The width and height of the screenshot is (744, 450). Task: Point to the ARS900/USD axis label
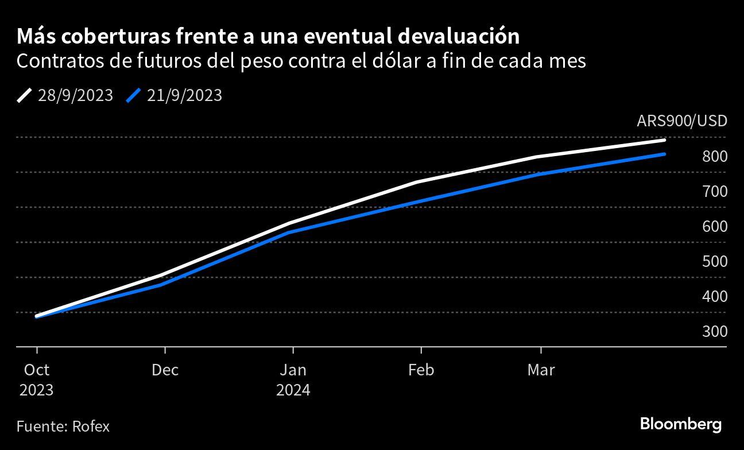(681, 121)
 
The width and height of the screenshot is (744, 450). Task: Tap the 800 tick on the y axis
(715, 156)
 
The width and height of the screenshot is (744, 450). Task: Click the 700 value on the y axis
(715, 191)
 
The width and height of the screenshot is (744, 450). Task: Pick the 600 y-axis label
(715, 226)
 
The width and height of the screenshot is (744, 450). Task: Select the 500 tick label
(715, 261)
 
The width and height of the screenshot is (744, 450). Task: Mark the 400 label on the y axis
(715, 296)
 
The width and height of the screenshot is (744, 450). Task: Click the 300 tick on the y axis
(715, 331)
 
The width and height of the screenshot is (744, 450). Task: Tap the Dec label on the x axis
(165, 370)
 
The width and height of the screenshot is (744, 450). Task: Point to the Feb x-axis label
(421, 370)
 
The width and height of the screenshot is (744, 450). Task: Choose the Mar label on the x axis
(541, 370)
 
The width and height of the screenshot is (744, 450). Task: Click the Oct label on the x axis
(37, 370)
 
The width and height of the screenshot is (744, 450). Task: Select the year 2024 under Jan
(293, 390)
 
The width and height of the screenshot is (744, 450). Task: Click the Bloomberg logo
(680, 424)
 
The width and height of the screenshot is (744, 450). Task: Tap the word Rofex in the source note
(91, 426)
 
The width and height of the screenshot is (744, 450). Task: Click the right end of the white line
(664, 140)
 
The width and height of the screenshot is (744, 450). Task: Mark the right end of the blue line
(664, 154)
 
